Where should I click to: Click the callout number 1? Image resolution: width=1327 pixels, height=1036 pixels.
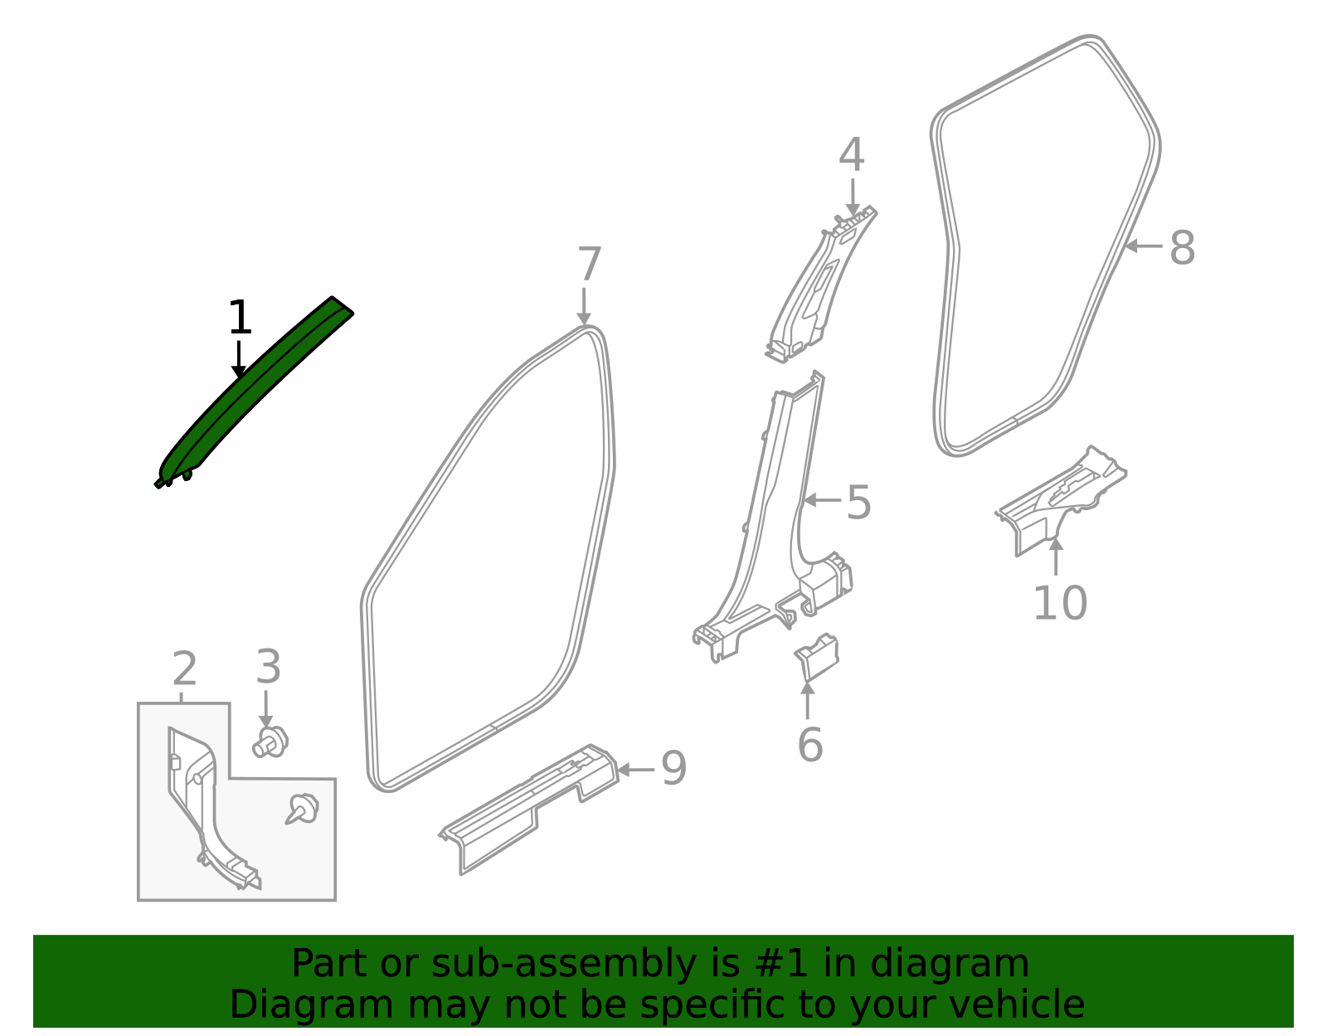(x=239, y=319)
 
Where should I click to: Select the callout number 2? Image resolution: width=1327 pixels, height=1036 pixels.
(x=184, y=669)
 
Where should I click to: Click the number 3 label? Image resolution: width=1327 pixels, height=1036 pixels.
(x=268, y=667)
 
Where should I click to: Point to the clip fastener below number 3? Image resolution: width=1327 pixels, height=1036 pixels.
(x=270, y=742)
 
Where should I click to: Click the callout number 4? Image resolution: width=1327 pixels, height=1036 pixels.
(x=852, y=156)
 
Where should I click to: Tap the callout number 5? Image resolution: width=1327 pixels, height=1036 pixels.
(x=858, y=503)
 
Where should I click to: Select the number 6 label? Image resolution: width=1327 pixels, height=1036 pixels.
(x=809, y=744)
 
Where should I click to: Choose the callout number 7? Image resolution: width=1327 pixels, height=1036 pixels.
(x=588, y=266)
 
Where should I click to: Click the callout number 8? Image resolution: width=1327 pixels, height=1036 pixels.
(x=1182, y=248)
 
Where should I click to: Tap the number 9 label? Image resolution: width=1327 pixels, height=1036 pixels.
(x=673, y=769)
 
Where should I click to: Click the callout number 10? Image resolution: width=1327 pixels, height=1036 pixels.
(x=1059, y=603)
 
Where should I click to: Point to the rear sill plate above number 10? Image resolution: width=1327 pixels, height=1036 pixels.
(x=1062, y=498)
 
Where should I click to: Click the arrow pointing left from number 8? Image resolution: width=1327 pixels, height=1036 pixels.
(x=1144, y=246)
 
